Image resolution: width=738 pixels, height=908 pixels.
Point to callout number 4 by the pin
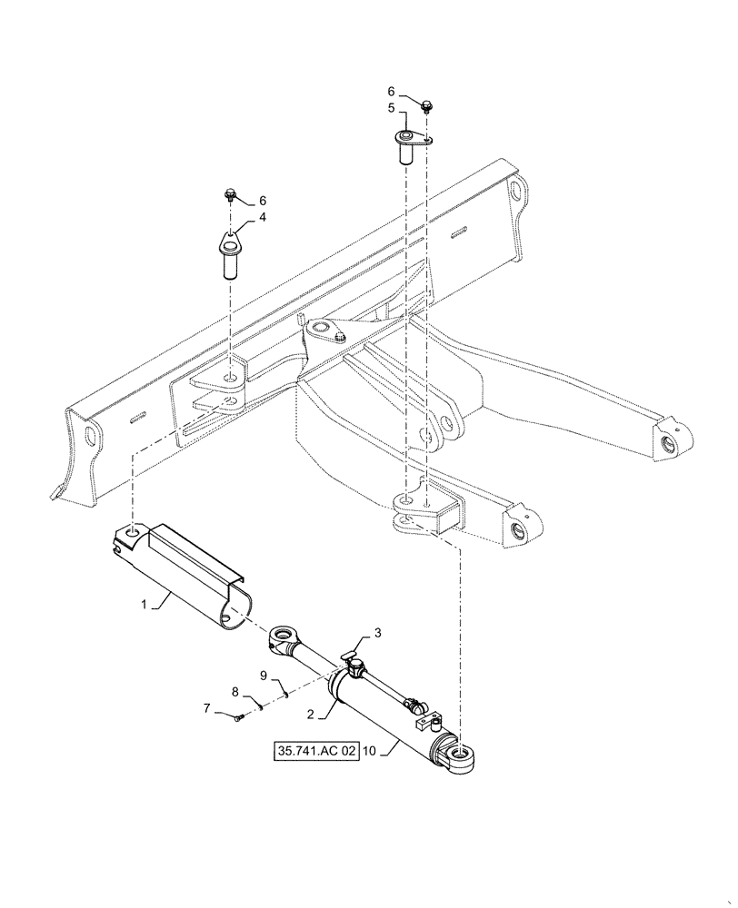tap(262, 217)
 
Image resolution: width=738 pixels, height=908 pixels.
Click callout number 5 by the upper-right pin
tap(393, 107)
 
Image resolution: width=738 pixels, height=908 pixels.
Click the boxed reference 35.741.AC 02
tap(316, 753)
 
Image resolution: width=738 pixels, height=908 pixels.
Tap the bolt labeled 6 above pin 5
tap(426, 107)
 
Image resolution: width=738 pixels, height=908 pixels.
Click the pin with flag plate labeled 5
tap(407, 145)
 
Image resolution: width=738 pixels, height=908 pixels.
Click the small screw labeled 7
tap(238, 718)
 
